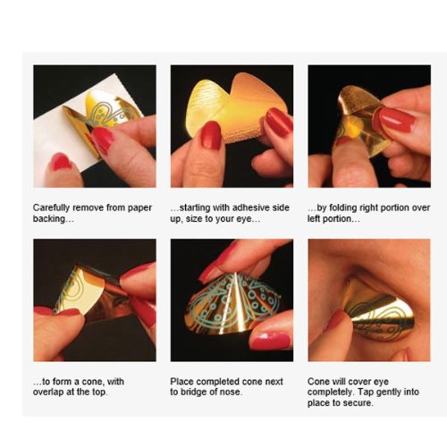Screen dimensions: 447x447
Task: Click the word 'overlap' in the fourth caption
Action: pos(50,392)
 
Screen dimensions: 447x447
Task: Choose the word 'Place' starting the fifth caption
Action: pos(182,380)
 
